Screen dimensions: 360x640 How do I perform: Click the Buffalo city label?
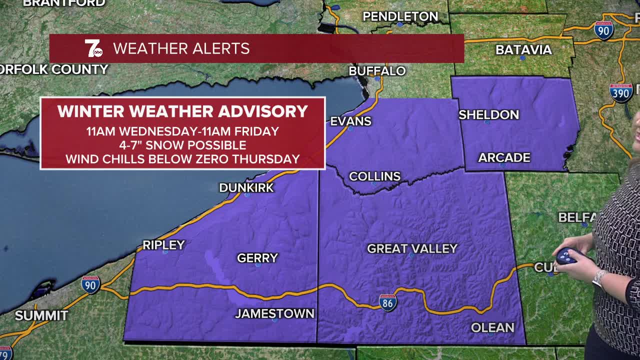click(x=377, y=71)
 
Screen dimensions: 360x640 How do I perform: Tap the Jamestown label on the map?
click(x=274, y=313)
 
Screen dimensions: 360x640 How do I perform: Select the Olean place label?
click(x=492, y=327)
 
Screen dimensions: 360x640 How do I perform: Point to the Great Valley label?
click(x=412, y=248)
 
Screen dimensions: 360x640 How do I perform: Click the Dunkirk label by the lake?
click(x=246, y=187)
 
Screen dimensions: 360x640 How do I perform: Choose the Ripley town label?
click(x=163, y=245)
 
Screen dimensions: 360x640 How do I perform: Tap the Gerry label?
click(x=257, y=258)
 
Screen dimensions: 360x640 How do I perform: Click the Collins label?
click(x=374, y=176)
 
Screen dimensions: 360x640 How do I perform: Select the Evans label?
click(x=350, y=121)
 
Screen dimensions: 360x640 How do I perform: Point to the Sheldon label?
click(x=488, y=114)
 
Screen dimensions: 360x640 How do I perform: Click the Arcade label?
click(x=504, y=158)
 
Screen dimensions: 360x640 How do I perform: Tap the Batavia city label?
click(x=523, y=49)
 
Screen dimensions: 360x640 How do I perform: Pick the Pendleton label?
click(x=400, y=16)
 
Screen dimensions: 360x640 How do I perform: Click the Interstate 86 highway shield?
click(x=387, y=302)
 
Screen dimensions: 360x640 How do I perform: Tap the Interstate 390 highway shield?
click(x=621, y=92)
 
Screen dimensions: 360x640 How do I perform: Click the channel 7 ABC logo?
click(x=93, y=48)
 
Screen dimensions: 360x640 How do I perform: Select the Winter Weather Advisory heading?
click(x=182, y=111)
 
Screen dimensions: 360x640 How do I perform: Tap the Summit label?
click(x=41, y=316)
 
